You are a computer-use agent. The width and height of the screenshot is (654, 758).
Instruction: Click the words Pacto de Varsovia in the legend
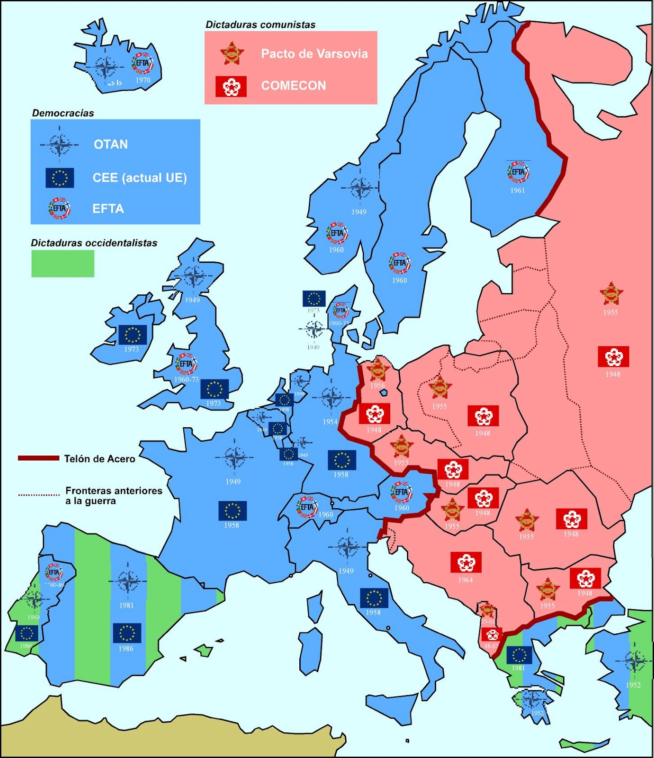(314, 54)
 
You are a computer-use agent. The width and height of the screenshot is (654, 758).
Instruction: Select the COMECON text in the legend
(294, 86)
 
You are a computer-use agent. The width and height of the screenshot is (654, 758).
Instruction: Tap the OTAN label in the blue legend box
(110, 144)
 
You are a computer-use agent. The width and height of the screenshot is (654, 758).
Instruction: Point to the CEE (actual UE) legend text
(140, 178)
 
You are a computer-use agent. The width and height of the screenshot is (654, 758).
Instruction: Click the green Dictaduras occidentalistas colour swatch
(63, 263)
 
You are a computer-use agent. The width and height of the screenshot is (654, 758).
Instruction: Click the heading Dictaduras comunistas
(260, 25)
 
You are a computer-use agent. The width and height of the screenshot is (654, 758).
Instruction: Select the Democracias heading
(63, 113)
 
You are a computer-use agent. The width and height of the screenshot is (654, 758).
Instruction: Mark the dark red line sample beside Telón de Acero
(38, 458)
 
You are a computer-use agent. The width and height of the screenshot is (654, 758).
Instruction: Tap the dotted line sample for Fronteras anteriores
(39, 495)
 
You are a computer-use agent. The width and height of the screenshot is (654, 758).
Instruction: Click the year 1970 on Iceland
(143, 80)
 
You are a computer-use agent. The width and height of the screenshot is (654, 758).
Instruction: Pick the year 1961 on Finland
(518, 190)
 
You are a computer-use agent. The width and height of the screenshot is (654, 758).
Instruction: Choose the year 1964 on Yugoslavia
(466, 580)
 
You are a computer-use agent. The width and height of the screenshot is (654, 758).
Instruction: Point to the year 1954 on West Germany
(330, 422)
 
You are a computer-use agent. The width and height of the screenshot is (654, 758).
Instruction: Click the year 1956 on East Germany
(377, 385)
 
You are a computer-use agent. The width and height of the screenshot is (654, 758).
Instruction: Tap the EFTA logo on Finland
(518, 172)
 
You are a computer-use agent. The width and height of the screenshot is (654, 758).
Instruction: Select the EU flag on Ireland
(132, 334)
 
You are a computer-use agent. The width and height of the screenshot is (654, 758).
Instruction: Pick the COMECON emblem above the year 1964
(466, 562)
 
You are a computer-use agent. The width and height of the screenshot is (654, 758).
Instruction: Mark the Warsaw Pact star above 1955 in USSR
(611, 294)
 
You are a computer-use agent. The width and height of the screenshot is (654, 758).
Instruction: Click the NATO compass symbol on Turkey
(635, 662)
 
